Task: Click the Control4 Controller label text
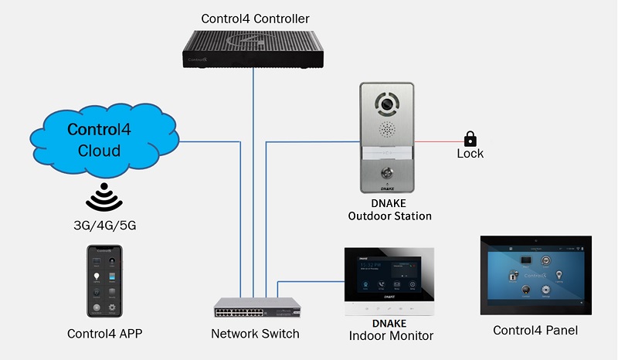coord(256,19)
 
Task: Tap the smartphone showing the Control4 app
coord(104,282)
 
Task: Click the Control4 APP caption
coord(104,334)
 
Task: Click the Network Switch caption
coord(255,334)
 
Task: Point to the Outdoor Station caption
coord(389,216)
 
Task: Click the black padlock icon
coord(470,139)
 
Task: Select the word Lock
coord(470,154)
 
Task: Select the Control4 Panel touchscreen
coord(535,275)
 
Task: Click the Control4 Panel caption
coord(535,331)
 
